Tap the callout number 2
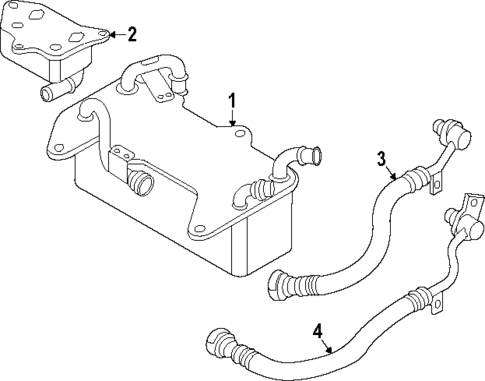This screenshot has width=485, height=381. tap(132, 34)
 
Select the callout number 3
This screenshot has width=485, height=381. tap(381, 159)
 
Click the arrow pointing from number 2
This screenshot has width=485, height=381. tap(114, 34)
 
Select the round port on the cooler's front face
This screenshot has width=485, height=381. tap(140, 184)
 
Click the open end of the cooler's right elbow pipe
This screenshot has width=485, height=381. tap(317, 155)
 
